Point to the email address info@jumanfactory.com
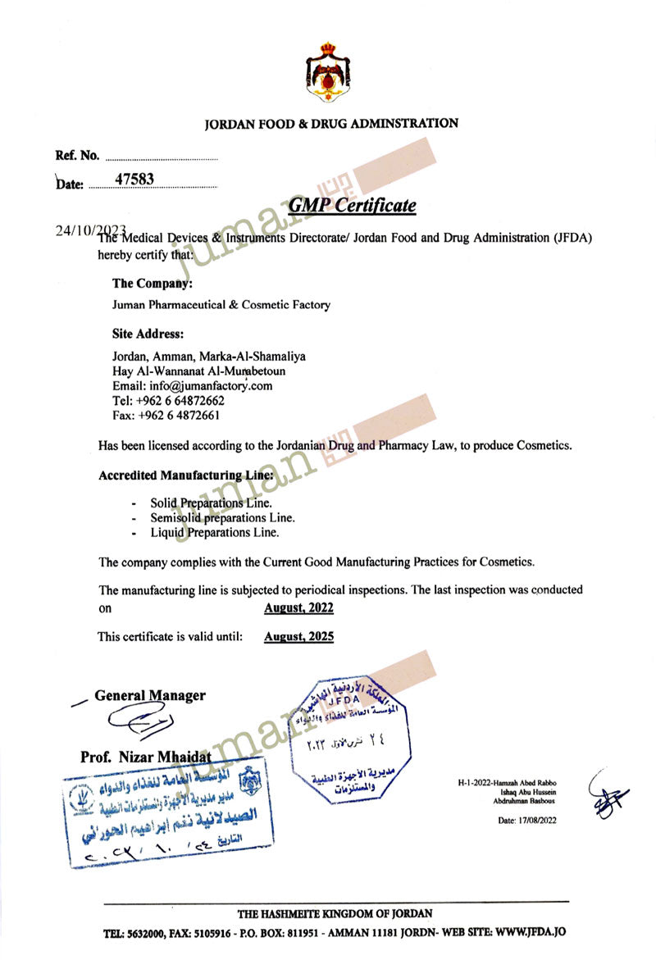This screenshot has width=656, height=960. [192, 385]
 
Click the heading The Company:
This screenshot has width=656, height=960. [153, 284]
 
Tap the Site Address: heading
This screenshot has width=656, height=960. [148, 334]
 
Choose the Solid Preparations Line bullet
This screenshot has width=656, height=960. [211, 503]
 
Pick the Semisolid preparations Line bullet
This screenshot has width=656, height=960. [222, 517]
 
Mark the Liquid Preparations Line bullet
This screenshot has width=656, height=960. [214, 532]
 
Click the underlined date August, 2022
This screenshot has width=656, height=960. [298, 607]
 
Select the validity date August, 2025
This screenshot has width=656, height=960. [298, 636]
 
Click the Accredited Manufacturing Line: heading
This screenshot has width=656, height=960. [180, 475]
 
